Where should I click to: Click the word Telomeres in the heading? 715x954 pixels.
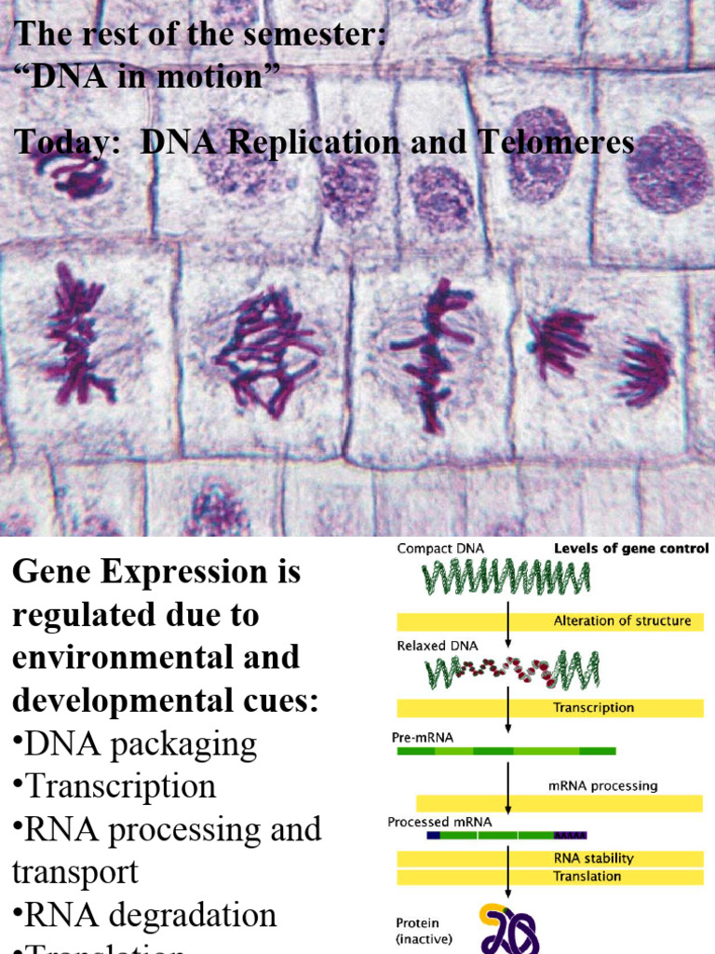(x=557, y=143)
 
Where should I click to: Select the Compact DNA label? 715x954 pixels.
(x=435, y=549)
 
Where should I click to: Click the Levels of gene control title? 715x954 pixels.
(x=631, y=549)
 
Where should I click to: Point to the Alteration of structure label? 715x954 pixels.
(x=622, y=621)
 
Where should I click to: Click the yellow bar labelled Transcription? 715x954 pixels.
(x=549, y=708)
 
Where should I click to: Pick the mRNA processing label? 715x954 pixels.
(x=602, y=785)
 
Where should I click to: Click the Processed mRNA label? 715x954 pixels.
(x=439, y=822)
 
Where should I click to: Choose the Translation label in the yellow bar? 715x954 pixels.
(x=587, y=877)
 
